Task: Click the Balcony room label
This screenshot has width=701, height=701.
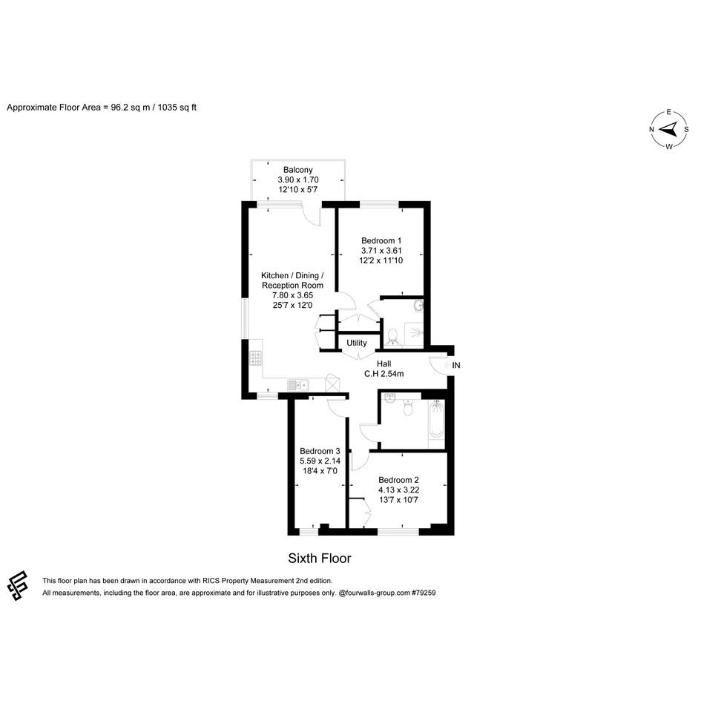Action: point(297,170)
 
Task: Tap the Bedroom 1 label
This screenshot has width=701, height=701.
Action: point(381,240)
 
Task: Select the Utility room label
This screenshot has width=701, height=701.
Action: point(357,343)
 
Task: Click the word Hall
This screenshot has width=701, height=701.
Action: point(384,364)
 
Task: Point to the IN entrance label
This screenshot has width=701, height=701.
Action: point(456,365)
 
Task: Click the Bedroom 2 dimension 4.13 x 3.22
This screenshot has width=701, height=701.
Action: point(399,490)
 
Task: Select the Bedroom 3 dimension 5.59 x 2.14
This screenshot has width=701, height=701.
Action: point(320,461)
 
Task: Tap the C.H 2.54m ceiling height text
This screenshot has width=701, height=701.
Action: point(384,374)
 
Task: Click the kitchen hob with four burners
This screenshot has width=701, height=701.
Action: point(256,358)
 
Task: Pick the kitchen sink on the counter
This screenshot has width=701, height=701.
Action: point(298,385)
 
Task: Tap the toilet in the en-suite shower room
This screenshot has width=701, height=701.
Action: point(392,337)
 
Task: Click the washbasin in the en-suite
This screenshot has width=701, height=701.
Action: point(418,306)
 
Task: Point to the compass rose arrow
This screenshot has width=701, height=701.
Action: point(669,130)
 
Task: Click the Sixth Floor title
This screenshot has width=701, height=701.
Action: point(320,559)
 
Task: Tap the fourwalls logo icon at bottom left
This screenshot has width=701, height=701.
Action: point(18,585)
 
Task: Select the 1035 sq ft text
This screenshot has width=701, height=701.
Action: point(177,108)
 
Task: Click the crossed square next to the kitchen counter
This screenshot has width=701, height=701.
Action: point(332,384)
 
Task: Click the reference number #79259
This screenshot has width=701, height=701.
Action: point(424,593)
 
